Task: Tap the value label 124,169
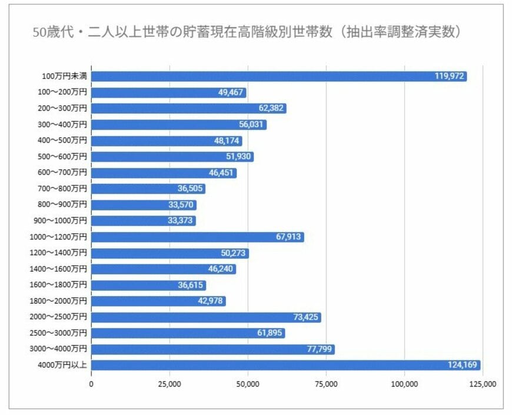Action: click(463, 366)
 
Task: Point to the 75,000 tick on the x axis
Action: click(326, 384)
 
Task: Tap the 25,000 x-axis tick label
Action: click(169, 384)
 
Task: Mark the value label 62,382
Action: click(271, 108)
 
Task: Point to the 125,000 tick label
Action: click(482, 384)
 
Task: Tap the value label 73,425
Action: click(306, 317)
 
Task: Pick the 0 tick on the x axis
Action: click(91, 384)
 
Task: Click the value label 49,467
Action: click(231, 92)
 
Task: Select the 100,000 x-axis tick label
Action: click(404, 384)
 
